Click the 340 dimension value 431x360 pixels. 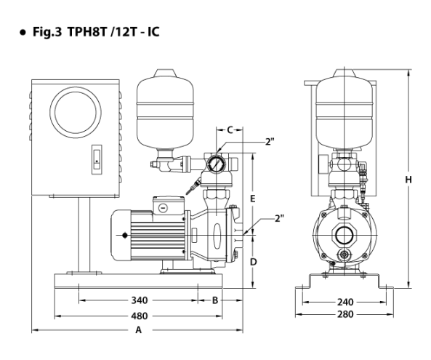click(140, 300)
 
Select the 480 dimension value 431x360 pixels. click(140, 316)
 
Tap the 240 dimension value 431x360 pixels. click(345, 303)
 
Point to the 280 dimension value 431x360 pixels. click(345, 314)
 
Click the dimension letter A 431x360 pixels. click(139, 329)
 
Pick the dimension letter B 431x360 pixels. click(215, 300)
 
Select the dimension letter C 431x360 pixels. click(230, 129)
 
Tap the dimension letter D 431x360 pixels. click(253, 262)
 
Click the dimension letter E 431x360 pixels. click(253, 199)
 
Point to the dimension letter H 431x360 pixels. click(408, 180)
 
